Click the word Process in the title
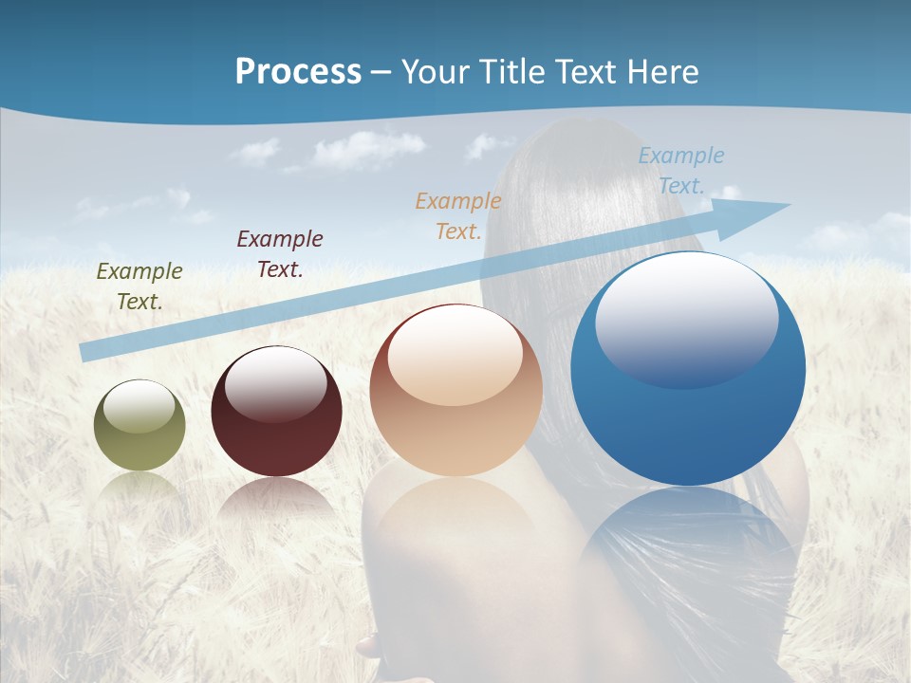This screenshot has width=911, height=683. click(x=298, y=72)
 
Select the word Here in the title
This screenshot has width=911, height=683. click(x=661, y=72)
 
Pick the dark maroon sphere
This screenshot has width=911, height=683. click(x=276, y=413)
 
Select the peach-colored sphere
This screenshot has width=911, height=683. click(x=456, y=391)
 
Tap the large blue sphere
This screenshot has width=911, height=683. click(x=688, y=370)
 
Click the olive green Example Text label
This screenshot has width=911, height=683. click(x=139, y=286)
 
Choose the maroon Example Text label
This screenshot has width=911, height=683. click(x=280, y=254)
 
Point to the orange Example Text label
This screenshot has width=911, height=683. click(x=458, y=215)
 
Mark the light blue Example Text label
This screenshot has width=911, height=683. click(x=680, y=171)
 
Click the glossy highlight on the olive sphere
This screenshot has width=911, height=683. click(x=139, y=406)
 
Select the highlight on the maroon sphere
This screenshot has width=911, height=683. click(x=276, y=383)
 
